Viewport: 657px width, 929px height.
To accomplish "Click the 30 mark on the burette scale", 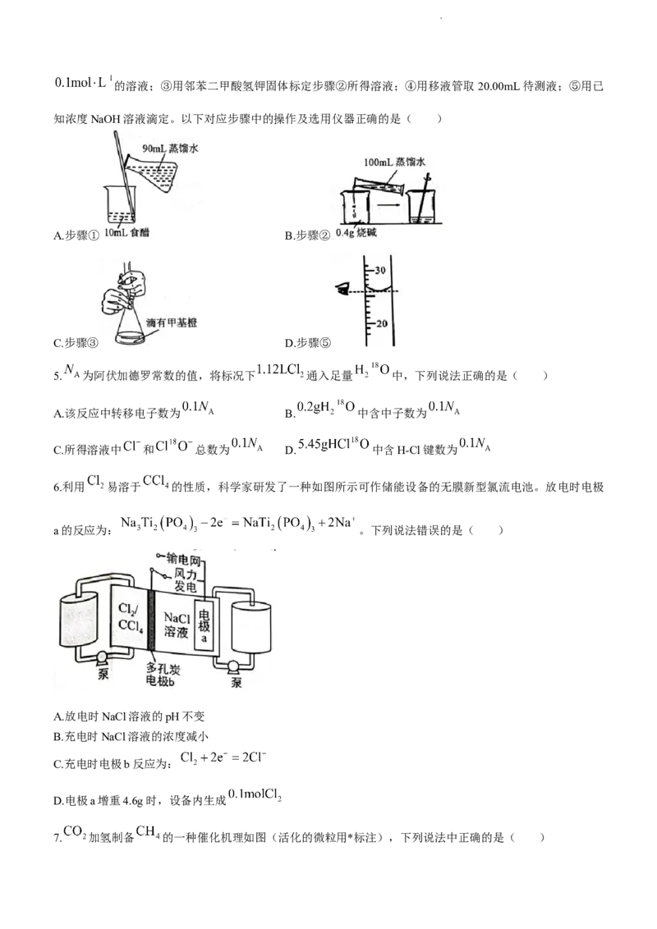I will pyautogui.click(x=379, y=271).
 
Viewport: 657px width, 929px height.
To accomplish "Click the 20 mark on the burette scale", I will pyautogui.click(x=379, y=323).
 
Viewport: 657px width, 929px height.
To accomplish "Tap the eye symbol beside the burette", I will pyautogui.click(x=341, y=288).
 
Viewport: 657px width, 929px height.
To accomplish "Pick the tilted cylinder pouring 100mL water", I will pyautogui.click(x=379, y=185).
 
